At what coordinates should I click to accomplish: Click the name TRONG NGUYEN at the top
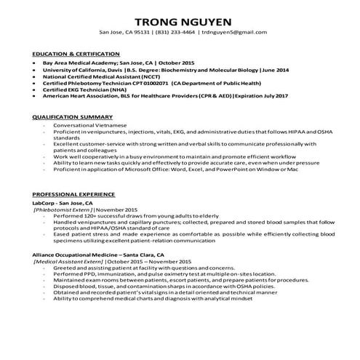coord(180,19)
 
